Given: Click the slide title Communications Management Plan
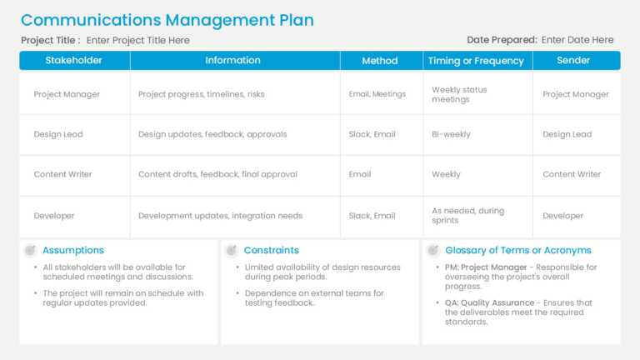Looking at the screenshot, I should pyautogui.click(x=167, y=20).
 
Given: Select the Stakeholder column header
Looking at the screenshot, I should pyautogui.click(x=74, y=60).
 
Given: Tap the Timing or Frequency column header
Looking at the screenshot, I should pyautogui.click(x=476, y=60).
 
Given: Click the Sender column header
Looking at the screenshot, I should pyautogui.click(x=573, y=60).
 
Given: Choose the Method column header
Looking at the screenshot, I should pyautogui.click(x=380, y=60).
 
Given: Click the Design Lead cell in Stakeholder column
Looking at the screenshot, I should pyautogui.click(x=58, y=134).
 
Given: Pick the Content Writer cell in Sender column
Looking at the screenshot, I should pyautogui.click(x=572, y=174).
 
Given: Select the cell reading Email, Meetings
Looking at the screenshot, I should pyautogui.click(x=377, y=94).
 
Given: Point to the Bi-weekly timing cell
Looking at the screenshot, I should pyautogui.click(x=451, y=134).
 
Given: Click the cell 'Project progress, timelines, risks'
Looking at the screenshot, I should pyautogui.click(x=202, y=94).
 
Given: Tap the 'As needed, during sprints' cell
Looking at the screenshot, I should pyautogui.click(x=467, y=216).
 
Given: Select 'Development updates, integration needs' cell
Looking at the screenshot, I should pyautogui.click(x=221, y=216).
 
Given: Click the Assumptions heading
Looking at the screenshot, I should pyautogui.click(x=73, y=250).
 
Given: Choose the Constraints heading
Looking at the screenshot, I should pyautogui.click(x=271, y=250).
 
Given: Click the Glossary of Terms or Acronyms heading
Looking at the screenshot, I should pyautogui.click(x=518, y=250).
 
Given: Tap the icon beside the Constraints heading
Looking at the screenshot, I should pyautogui.click(x=231, y=250).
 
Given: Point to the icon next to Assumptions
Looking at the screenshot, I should pyautogui.click(x=30, y=250).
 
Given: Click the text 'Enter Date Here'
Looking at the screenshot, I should pyautogui.click(x=577, y=39).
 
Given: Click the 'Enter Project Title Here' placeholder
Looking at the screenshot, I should pyautogui.click(x=138, y=40).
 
